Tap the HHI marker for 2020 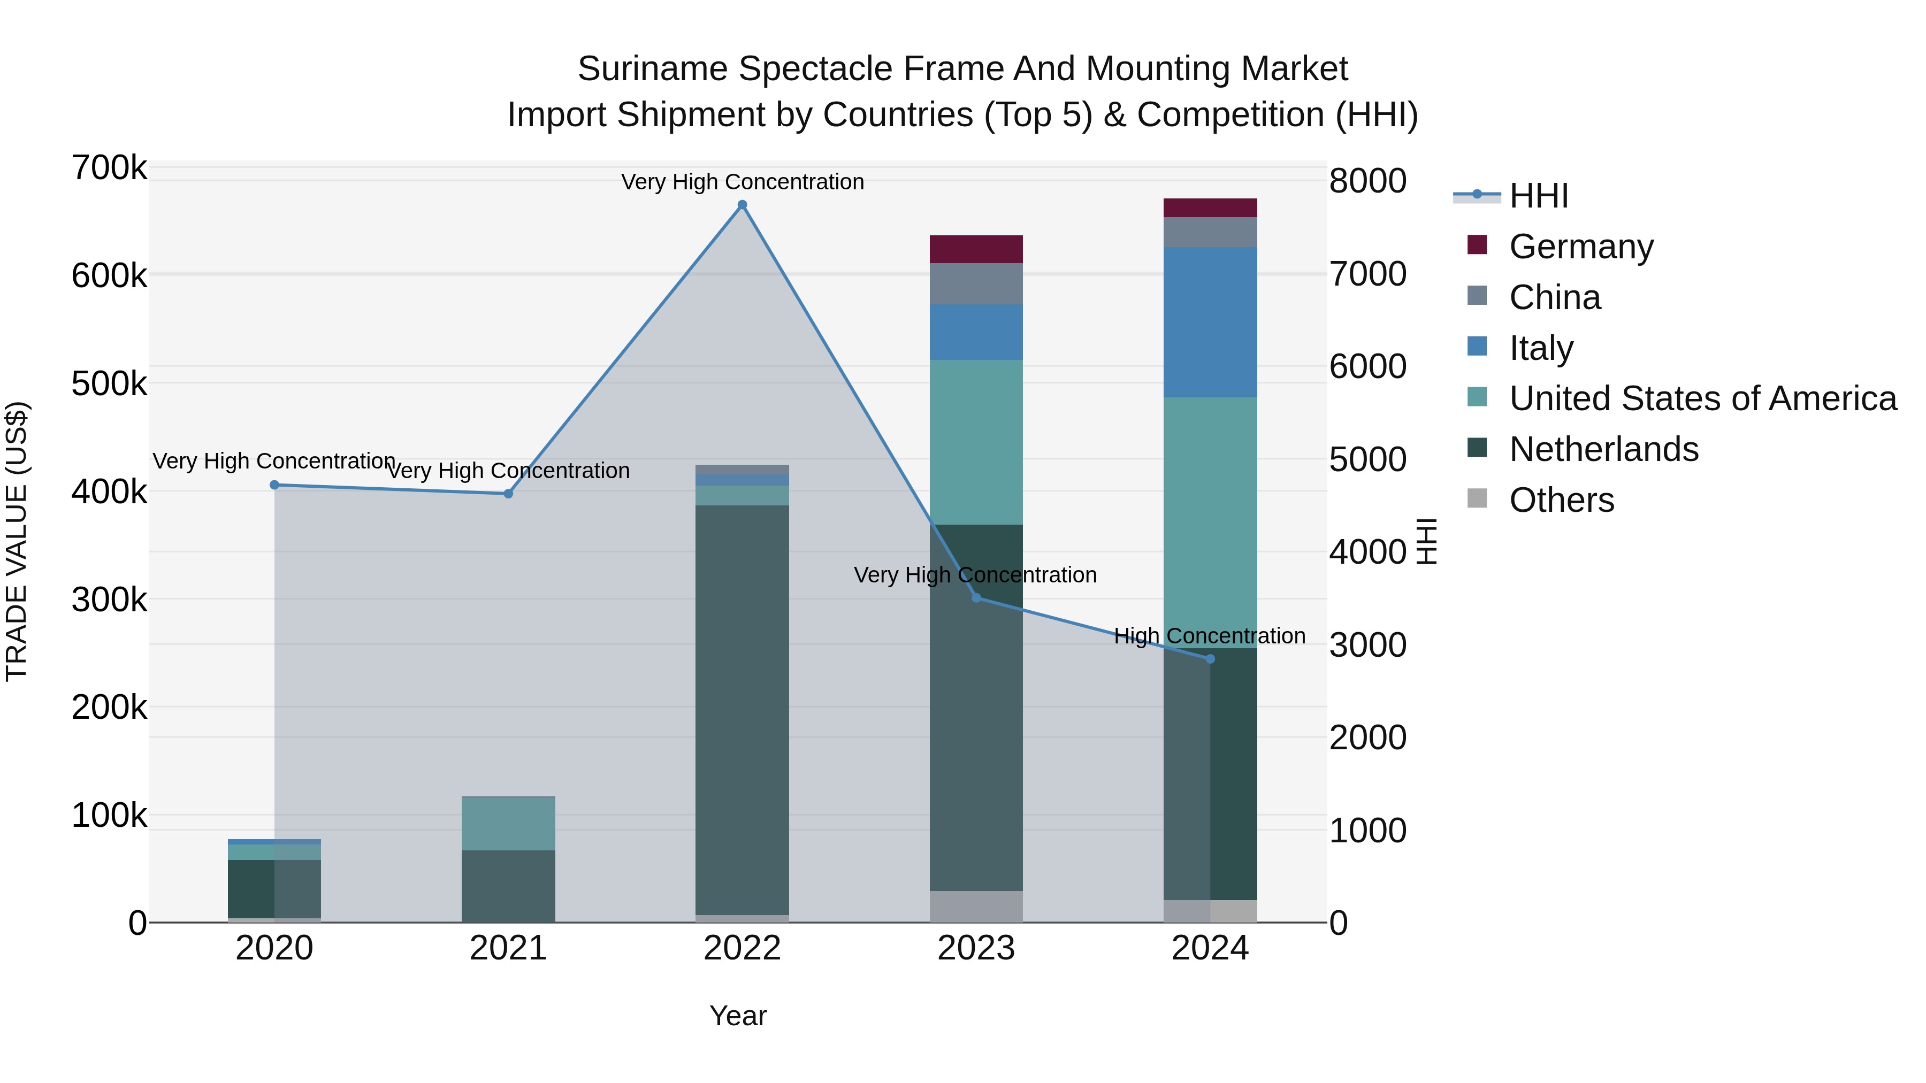pyautogui.click(x=274, y=485)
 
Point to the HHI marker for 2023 pyautogui.click(x=976, y=597)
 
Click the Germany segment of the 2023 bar pyautogui.click(x=976, y=249)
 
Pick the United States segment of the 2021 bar pyautogui.click(x=508, y=824)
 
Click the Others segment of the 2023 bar pyautogui.click(x=976, y=906)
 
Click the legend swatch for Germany pyautogui.click(x=1477, y=245)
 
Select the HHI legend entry pyautogui.click(x=1538, y=196)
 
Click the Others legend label pyautogui.click(x=1561, y=500)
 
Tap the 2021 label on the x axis pyautogui.click(x=508, y=948)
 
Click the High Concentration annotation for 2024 pyautogui.click(x=1209, y=636)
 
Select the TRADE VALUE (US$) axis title pyautogui.click(x=17, y=541)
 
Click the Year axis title pyautogui.click(x=737, y=1016)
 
